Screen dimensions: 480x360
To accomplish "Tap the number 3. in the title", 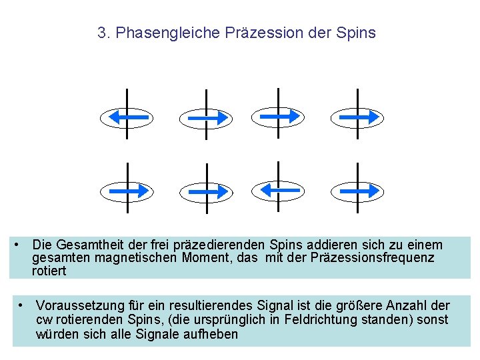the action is pyautogui.click(x=104, y=33).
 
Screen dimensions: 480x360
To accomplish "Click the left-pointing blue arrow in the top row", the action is pyautogui.click(x=127, y=118).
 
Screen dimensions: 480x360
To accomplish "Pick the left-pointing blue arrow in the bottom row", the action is pyautogui.click(x=278, y=191).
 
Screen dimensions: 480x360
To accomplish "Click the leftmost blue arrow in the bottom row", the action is pyautogui.click(x=127, y=191).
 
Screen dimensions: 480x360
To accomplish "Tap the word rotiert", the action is pyautogui.click(x=49, y=271).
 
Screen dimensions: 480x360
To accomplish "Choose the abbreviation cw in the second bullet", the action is pyautogui.click(x=45, y=320).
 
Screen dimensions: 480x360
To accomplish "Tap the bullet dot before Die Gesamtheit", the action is pyautogui.click(x=17, y=244).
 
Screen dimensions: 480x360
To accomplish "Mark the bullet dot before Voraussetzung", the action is pyautogui.click(x=22, y=305).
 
